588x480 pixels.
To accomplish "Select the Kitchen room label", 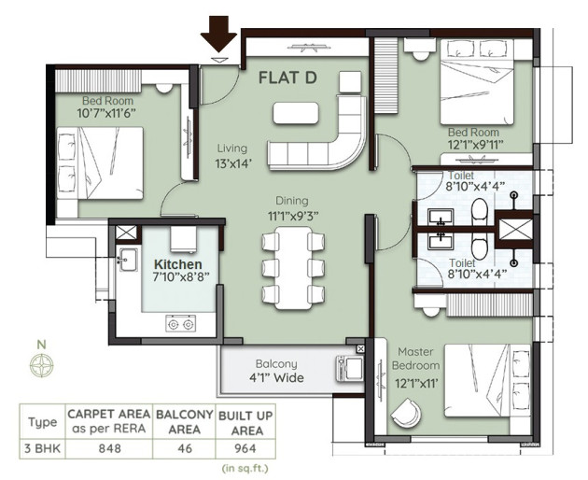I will tap(178, 264).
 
